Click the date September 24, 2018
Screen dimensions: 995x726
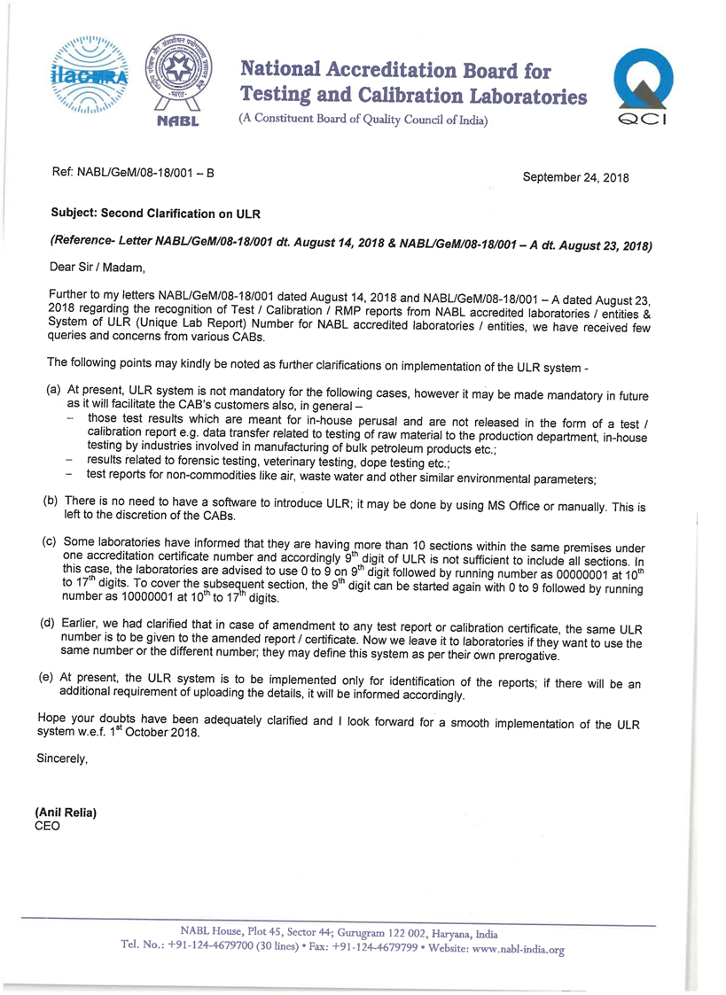coord(575,178)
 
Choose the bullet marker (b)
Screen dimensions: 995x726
coord(51,501)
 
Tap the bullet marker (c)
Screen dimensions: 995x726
coord(51,540)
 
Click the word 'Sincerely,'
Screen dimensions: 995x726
coord(63,758)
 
